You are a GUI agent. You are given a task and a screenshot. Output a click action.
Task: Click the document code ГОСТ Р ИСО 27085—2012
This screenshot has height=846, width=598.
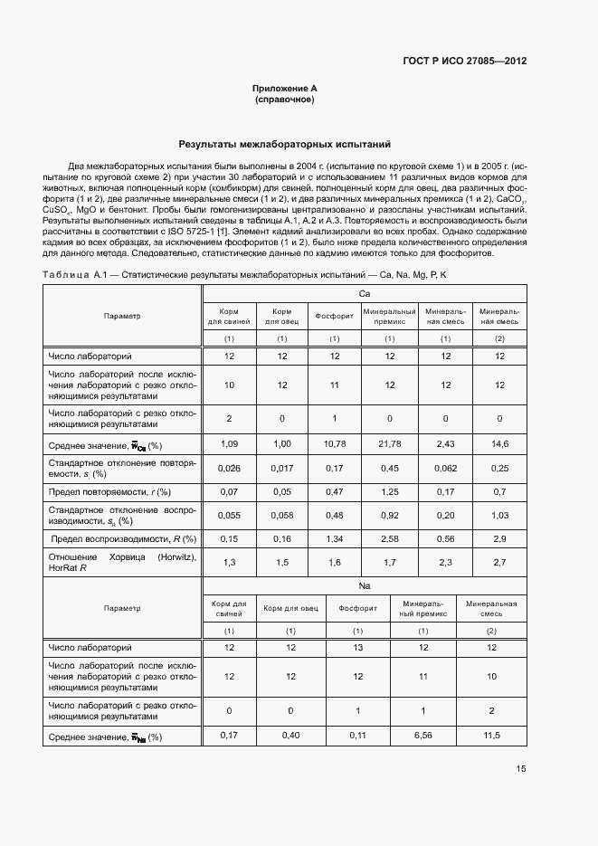[x=464, y=61]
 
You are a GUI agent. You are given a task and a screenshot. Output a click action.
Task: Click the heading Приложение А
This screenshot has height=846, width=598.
[x=285, y=88]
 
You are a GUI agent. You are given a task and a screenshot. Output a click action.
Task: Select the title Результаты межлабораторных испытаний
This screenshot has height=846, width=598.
[x=285, y=143]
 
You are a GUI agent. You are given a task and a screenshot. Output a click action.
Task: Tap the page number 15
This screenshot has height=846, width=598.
[x=521, y=769]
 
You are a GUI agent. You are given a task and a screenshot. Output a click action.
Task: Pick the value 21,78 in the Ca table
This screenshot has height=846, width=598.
[x=390, y=443]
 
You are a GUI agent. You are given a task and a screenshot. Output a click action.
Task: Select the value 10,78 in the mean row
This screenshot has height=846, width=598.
[x=335, y=443]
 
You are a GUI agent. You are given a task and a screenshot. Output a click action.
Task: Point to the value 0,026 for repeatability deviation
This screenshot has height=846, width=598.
[x=230, y=468]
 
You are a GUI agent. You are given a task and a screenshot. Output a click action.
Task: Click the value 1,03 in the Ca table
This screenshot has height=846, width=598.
[x=499, y=516]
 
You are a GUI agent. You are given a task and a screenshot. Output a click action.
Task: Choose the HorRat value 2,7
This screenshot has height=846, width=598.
[x=499, y=563]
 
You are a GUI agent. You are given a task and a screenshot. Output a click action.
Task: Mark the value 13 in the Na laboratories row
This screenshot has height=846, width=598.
[x=357, y=648]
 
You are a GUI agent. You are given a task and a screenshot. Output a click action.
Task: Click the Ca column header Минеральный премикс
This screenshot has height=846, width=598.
[x=390, y=316]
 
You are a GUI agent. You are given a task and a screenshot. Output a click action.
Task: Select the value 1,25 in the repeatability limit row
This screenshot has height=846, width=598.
[x=390, y=491]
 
